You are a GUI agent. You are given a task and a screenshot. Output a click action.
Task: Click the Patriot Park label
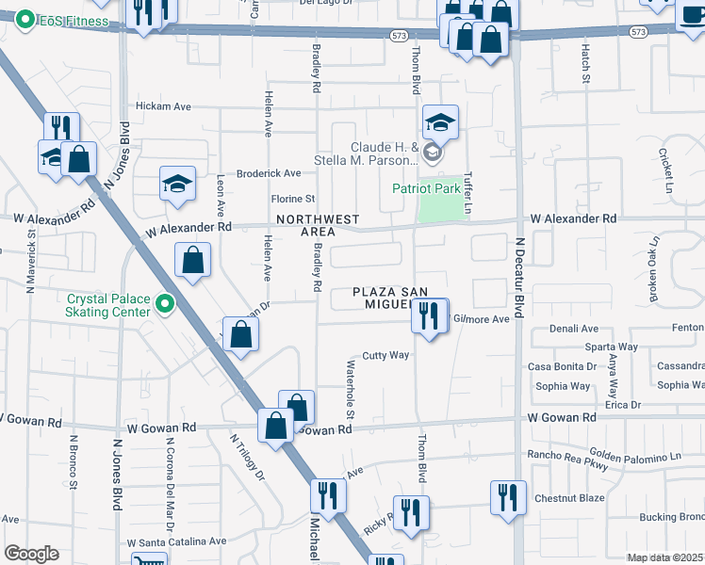[x=426, y=188]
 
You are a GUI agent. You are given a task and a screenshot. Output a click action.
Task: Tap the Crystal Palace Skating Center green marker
[x=166, y=303]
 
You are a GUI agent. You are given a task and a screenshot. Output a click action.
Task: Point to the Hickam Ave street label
[x=164, y=106]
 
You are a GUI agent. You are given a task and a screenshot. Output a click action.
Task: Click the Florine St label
[x=293, y=199]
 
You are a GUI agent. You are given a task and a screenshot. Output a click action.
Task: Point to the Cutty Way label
[x=385, y=355]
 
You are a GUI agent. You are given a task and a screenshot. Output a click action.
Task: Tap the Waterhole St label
[x=350, y=389]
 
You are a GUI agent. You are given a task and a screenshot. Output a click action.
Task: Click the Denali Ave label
[x=564, y=330]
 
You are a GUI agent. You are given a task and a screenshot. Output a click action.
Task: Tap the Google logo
[x=31, y=554]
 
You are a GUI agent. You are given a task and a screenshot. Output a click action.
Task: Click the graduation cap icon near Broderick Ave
[x=177, y=185]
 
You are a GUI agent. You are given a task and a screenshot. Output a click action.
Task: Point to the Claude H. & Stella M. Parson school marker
[x=433, y=152]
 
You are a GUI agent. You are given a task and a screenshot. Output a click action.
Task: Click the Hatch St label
[x=584, y=65]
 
